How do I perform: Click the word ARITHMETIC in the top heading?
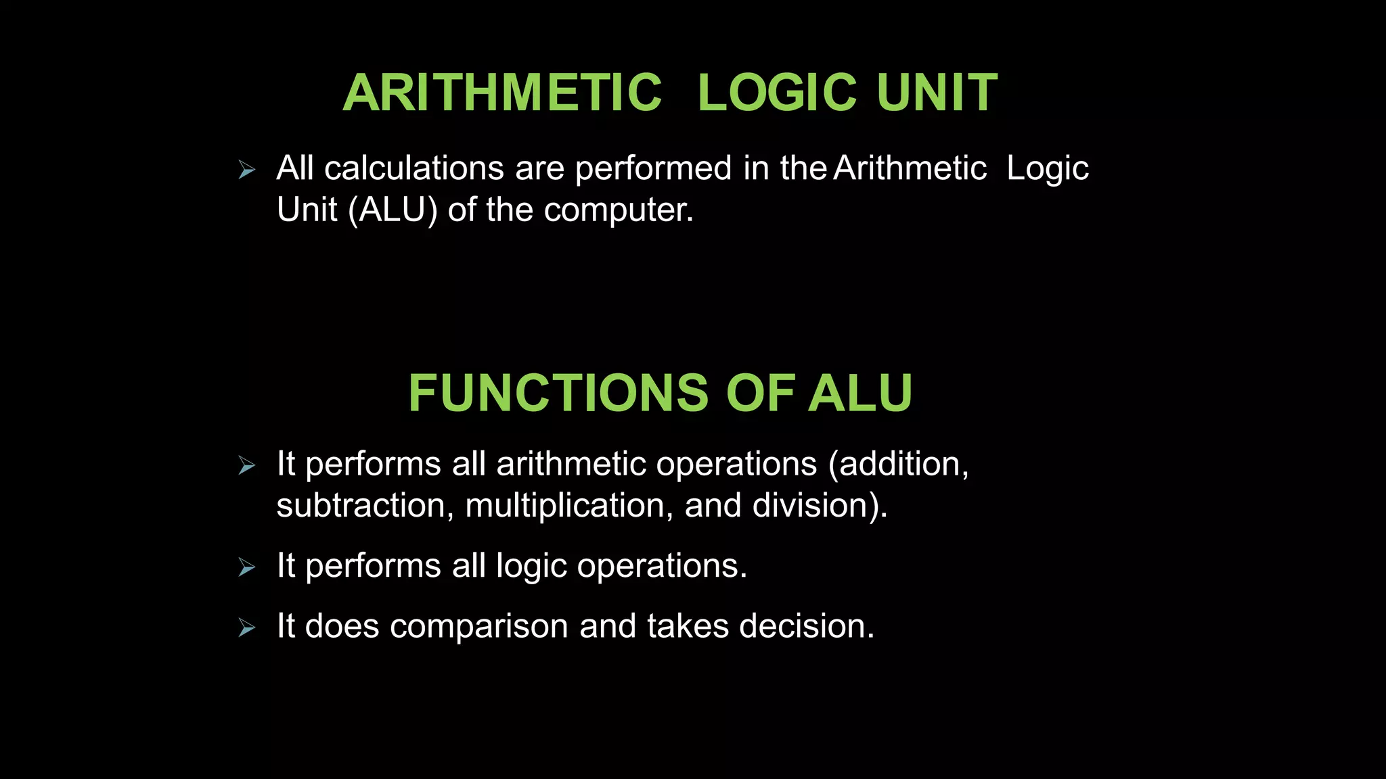click(502, 93)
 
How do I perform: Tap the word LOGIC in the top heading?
click(777, 93)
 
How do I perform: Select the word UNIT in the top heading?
click(937, 93)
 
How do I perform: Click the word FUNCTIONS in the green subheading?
click(558, 393)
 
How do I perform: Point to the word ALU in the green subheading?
click(860, 393)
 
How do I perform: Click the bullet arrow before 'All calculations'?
click(247, 170)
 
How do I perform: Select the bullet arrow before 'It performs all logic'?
click(247, 567)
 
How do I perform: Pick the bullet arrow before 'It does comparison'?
click(247, 628)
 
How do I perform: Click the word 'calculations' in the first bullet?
click(414, 168)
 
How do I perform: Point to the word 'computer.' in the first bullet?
click(619, 210)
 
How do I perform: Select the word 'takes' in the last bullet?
click(687, 627)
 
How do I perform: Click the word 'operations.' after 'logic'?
click(662, 566)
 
